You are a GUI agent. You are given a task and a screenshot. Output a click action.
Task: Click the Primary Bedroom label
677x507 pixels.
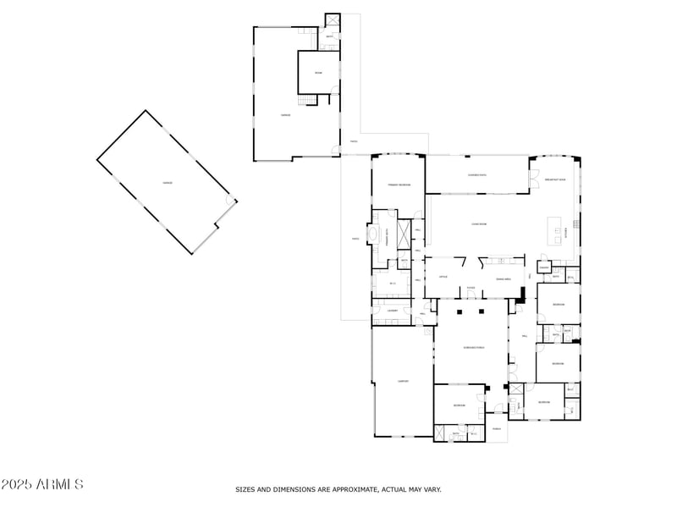399,185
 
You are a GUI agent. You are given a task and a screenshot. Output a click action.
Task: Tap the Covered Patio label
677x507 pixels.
477,175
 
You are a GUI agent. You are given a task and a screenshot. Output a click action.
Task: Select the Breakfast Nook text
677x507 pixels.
555,179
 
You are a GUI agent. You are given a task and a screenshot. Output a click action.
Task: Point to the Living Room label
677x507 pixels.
479,223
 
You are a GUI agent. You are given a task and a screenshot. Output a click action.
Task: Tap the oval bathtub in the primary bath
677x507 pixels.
373,235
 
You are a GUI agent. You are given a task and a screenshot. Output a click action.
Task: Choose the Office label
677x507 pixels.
443,278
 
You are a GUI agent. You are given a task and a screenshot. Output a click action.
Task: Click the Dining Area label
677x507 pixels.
503,278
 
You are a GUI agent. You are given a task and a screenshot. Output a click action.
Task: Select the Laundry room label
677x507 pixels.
393,311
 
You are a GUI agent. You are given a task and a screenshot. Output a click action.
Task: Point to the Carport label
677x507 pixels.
403,381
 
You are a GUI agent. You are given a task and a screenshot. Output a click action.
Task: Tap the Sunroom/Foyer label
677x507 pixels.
472,348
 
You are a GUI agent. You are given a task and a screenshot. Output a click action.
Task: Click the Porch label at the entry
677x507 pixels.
497,428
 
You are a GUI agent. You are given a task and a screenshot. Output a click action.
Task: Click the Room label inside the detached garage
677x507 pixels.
318,74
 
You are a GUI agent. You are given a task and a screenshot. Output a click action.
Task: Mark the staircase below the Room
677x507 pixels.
312,100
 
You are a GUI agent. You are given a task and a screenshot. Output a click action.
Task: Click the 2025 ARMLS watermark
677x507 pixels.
42,484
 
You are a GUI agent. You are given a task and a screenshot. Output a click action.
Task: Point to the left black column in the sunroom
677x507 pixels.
458,312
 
